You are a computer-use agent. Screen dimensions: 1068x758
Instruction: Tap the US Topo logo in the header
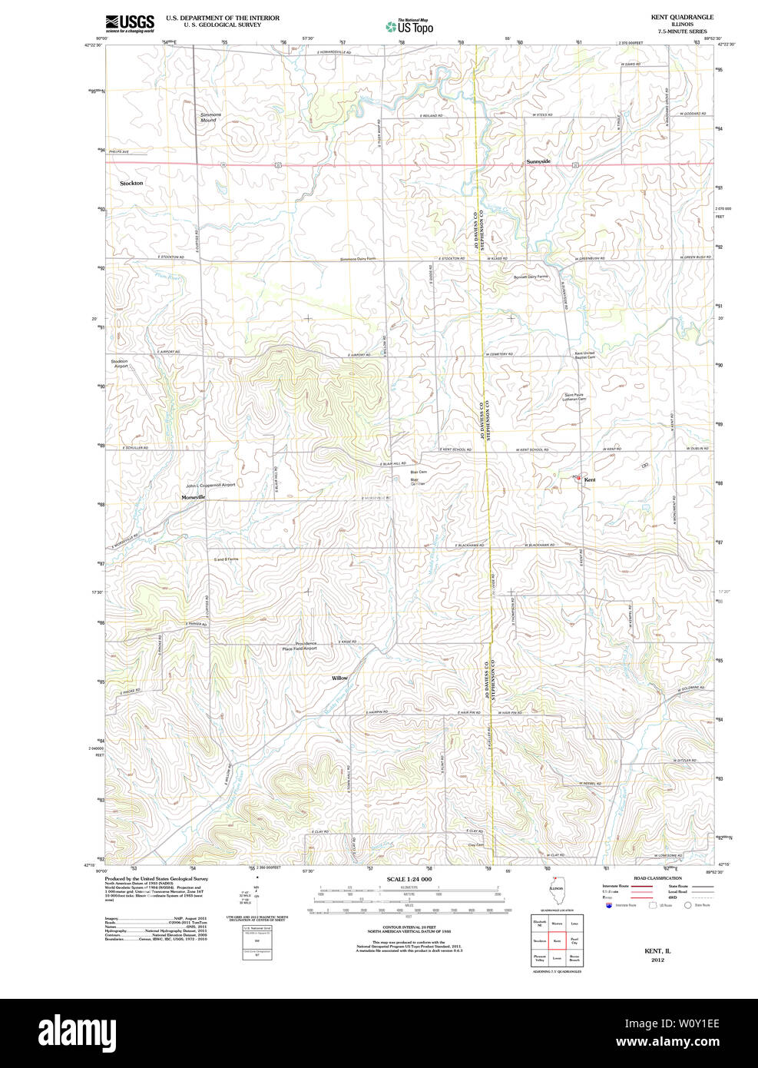point(410,26)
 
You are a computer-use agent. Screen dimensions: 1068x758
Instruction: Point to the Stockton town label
point(131,184)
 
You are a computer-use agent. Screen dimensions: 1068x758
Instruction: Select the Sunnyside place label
point(538,161)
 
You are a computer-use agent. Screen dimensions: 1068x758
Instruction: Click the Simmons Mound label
point(210,118)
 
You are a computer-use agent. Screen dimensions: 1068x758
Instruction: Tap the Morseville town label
point(194,498)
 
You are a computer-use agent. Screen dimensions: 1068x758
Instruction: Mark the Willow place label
point(339,678)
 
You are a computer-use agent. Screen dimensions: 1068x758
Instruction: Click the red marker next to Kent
point(578,478)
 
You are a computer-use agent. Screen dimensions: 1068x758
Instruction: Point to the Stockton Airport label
point(120,363)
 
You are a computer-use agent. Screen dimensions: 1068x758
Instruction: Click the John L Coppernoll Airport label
point(210,485)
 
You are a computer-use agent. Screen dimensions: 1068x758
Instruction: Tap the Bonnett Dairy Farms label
point(531,276)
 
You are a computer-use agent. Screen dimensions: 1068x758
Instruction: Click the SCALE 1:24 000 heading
point(409,879)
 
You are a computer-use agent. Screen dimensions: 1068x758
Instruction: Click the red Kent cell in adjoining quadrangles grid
point(558,940)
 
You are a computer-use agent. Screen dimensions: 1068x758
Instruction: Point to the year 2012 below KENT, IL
point(657,960)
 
